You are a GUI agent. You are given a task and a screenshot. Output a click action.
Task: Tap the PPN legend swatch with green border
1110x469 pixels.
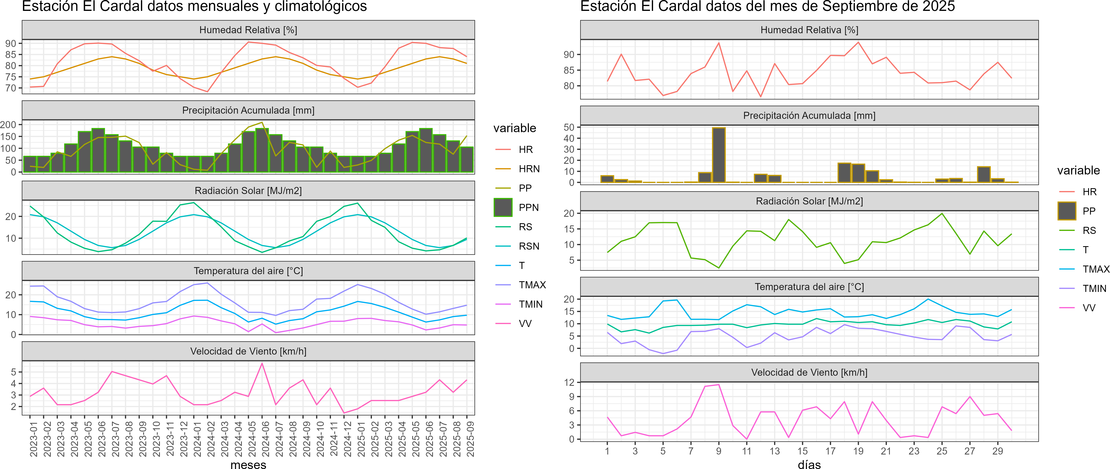pos(503,207)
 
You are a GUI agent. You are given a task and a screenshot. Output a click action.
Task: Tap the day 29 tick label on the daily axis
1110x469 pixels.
pos(998,451)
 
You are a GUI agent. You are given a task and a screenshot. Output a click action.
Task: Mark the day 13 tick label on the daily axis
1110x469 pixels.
pos(774,451)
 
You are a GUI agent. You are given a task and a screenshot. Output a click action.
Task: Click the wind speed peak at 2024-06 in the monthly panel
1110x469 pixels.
pos(262,363)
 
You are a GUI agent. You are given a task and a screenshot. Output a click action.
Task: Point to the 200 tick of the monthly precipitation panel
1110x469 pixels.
pos(9,125)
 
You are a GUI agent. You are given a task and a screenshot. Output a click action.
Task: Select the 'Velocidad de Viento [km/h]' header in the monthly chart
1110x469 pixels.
pos(248,351)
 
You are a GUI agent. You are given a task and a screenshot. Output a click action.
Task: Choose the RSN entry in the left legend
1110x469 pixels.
pos(529,246)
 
